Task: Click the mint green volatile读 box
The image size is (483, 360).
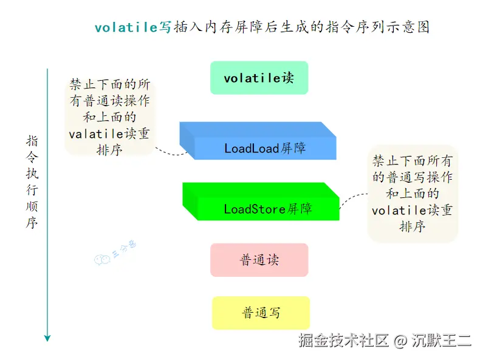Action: point(259,78)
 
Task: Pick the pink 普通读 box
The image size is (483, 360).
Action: point(259,260)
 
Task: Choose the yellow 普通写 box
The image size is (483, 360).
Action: point(261,313)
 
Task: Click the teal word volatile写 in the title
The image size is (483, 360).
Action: point(133,27)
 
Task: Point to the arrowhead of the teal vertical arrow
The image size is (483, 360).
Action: point(47,337)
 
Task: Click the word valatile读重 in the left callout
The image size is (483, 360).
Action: point(109,134)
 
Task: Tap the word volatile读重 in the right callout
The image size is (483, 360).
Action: point(412,211)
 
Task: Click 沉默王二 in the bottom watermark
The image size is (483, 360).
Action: point(441,341)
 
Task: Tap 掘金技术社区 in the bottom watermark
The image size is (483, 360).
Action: point(343,341)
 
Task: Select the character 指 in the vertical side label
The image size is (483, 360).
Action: point(32,141)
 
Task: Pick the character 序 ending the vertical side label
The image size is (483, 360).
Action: point(32,223)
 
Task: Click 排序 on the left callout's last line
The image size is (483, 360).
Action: point(109,150)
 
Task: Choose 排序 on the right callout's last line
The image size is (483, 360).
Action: point(412,226)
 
